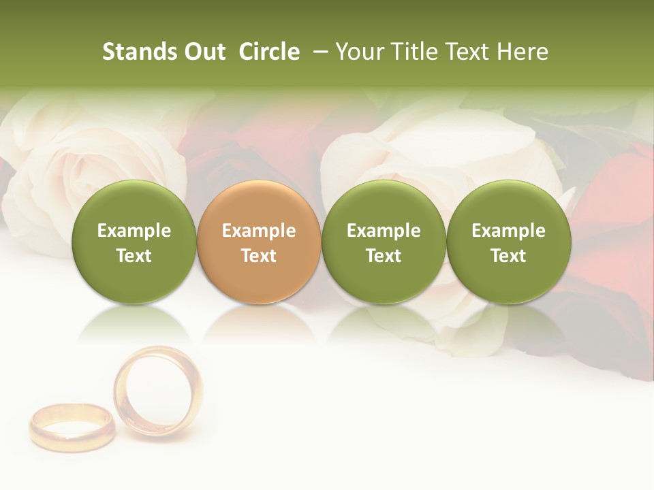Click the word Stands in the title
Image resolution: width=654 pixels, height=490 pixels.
click(140, 52)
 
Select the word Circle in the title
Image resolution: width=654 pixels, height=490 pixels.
click(269, 52)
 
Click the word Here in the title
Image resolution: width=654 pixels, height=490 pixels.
click(523, 52)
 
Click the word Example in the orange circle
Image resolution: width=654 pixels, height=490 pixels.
click(259, 231)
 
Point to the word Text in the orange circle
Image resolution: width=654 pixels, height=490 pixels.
click(259, 256)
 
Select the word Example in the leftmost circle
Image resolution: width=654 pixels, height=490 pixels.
click(134, 231)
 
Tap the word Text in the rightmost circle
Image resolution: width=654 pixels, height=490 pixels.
click(508, 256)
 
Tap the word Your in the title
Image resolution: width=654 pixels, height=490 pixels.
click(356, 52)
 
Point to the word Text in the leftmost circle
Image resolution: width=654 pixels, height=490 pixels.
click(134, 256)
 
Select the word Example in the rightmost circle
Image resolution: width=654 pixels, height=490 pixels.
click(508, 231)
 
